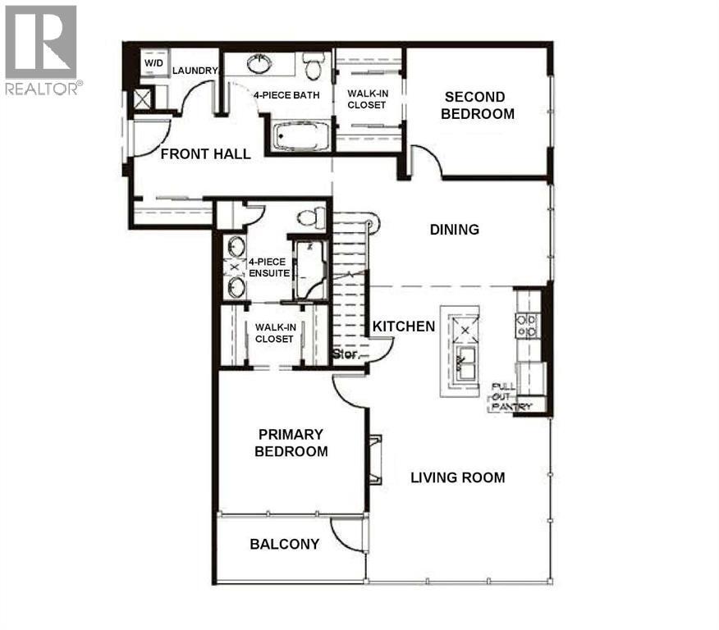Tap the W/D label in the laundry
153,63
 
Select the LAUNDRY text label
195,71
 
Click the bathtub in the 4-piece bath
300,136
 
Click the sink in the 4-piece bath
260,62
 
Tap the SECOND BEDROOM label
477,106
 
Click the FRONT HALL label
205,154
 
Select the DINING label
454,230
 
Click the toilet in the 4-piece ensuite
309,217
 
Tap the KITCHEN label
404,326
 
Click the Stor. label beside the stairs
344,355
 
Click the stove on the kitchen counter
526,326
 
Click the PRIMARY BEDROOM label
291,443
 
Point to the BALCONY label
284,544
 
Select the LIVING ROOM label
457,477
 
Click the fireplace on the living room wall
374,459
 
